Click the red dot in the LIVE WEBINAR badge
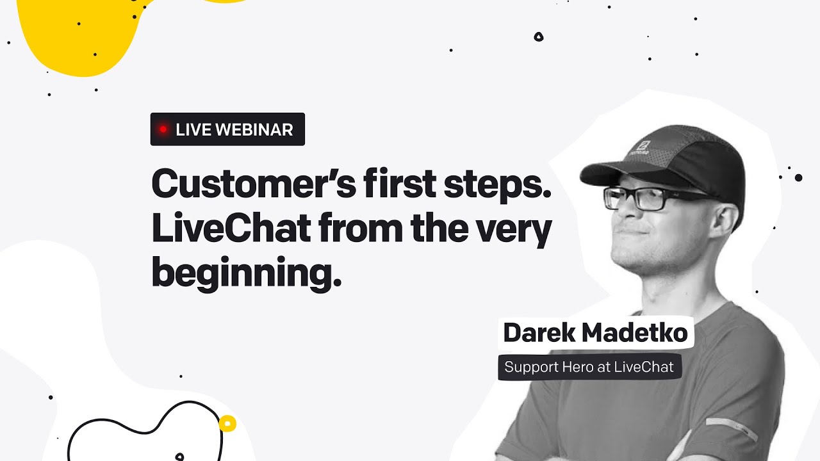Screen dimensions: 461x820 [163, 129]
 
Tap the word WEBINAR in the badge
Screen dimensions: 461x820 [254, 129]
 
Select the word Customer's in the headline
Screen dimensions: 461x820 [252, 185]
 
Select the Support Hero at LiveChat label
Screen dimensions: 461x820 [589, 368]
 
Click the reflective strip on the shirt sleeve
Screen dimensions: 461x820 [731, 430]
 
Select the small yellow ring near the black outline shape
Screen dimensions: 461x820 [227, 423]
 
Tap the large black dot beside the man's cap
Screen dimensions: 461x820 [798, 177]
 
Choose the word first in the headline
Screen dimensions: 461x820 [397, 185]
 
